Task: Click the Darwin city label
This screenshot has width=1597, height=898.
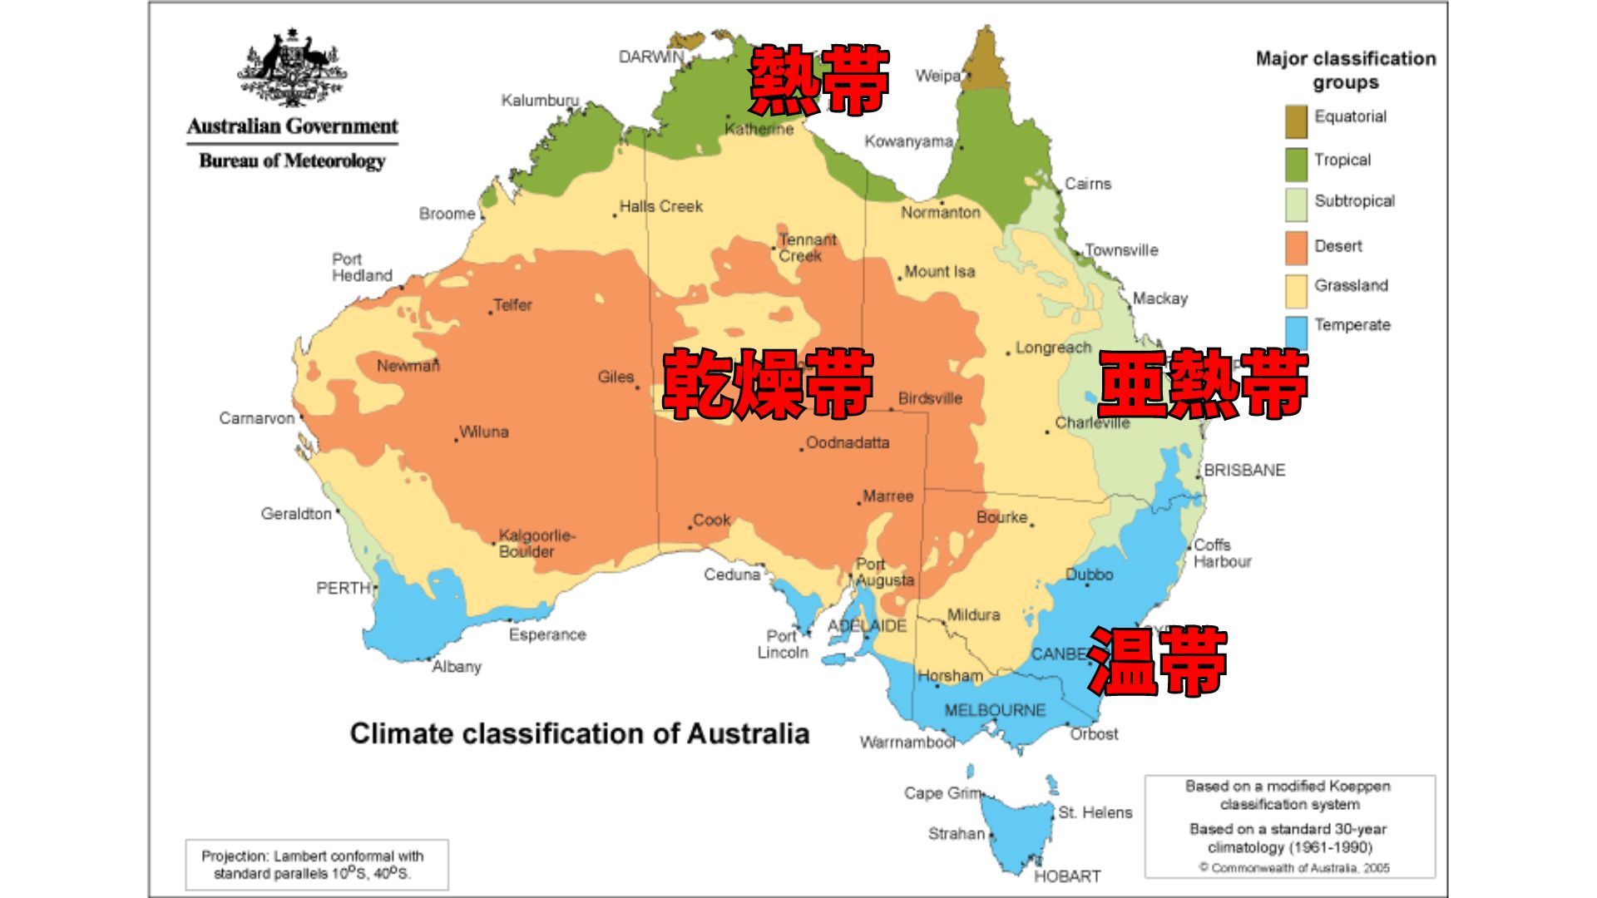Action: point(650,57)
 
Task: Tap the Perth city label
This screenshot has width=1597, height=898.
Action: point(343,588)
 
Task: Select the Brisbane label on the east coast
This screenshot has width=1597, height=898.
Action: point(1244,470)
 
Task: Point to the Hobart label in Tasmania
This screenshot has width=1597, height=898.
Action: point(1067,876)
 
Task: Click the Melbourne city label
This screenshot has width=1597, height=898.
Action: point(995,710)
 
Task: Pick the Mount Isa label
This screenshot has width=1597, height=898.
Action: point(939,272)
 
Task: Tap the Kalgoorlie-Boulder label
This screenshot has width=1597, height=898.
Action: point(536,543)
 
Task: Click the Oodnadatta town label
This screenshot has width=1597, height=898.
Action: point(848,442)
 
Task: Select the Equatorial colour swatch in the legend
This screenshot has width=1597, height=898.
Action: point(1296,121)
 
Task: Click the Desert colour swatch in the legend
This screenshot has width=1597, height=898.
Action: point(1296,247)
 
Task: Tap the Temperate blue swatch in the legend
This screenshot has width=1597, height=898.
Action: point(1296,331)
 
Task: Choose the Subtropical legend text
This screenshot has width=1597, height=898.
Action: point(1354,200)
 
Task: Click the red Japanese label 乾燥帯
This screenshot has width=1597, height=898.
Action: point(767,383)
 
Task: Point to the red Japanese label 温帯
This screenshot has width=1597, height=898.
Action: point(1157,661)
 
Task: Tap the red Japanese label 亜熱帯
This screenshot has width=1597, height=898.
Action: point(1203,383)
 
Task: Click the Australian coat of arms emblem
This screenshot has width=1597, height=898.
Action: point(292,67)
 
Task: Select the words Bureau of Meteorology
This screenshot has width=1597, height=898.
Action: point(292,160)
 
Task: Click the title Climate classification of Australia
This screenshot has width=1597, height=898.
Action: point(579,733)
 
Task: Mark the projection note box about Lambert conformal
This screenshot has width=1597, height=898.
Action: point(316,865)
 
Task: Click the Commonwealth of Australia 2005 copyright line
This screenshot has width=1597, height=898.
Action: point(1294,868)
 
